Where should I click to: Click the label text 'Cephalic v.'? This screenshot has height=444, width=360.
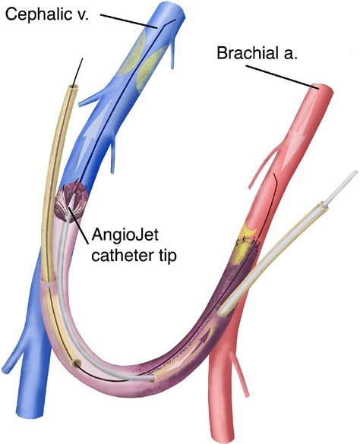click(47, 14)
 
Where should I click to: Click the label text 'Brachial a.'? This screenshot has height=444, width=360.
click(257, 52)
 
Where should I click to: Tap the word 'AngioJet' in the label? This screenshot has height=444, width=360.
click(125, 235)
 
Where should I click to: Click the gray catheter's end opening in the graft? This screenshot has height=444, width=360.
click(153, 379)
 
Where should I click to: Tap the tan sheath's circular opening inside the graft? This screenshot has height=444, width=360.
click(76, 364)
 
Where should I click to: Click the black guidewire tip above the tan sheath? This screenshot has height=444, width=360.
click(83, 58)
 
